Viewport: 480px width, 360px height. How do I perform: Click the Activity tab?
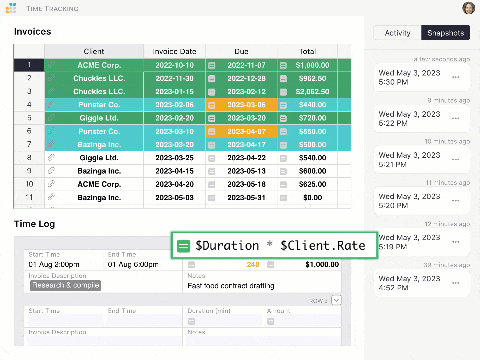(x=397, y=33)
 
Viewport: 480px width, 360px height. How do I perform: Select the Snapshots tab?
(x=445, y=33)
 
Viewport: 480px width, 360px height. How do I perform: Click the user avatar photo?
(x=468, y=8)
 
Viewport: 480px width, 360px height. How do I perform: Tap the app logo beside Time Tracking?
(x=11, y=8)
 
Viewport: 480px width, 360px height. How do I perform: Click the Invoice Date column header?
(x=174, y=51)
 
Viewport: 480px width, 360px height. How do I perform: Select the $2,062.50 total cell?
(x=312, y=92)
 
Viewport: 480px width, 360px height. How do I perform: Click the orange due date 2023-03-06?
(x=246, y=105)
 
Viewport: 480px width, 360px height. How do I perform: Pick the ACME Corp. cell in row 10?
(x=99, y=184)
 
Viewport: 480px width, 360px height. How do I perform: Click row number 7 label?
(x=29, y=144)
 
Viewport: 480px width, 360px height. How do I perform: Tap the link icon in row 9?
(x=51, y=171)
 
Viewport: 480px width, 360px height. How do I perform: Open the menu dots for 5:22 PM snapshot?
(x=456, y=118)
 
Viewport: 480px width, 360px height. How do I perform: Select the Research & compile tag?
(x=65, y=285)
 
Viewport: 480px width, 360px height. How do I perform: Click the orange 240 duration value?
(x=253, y=265)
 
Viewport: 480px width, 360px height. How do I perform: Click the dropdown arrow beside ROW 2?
(x=336, y=300)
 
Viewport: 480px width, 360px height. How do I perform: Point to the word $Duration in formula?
(x=227, y=246)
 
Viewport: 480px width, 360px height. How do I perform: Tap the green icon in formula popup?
(x=183, y=246)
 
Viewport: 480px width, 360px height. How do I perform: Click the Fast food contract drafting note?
(x=231, y=286)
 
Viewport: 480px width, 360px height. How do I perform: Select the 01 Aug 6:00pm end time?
(x=133, y=265)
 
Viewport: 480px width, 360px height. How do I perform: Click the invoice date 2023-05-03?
(x=174, y=198)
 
